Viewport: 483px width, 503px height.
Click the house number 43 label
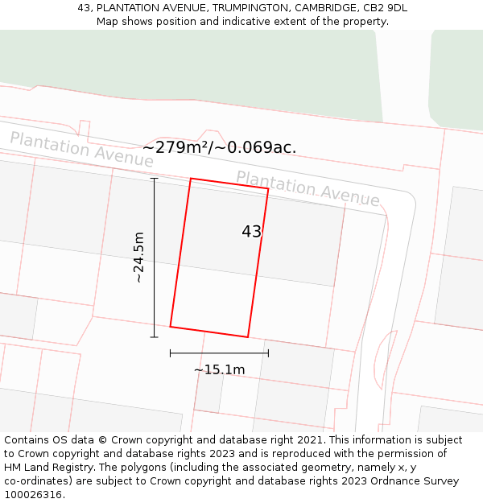point(251,232)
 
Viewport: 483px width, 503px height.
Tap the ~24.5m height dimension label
point(138,257)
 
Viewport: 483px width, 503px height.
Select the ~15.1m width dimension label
point(219,369)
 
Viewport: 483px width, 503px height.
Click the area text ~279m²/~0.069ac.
point(219,147)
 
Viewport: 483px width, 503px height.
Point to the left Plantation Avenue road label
point(81,150)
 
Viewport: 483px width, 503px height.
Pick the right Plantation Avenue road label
point(308,188)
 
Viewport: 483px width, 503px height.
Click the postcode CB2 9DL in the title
point(385,8)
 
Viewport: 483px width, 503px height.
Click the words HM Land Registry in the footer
point(44,468)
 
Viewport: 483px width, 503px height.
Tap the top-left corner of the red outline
point(191,179)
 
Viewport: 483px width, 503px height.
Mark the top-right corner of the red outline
point(268,189)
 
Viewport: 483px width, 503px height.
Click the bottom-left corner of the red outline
point(170,327)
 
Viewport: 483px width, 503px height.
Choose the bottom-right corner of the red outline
point(247,337)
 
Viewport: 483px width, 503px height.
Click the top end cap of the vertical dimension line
point(154,179)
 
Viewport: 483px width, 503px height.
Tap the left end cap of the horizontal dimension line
point(170,353)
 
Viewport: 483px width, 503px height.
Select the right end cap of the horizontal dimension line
point(268,353)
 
